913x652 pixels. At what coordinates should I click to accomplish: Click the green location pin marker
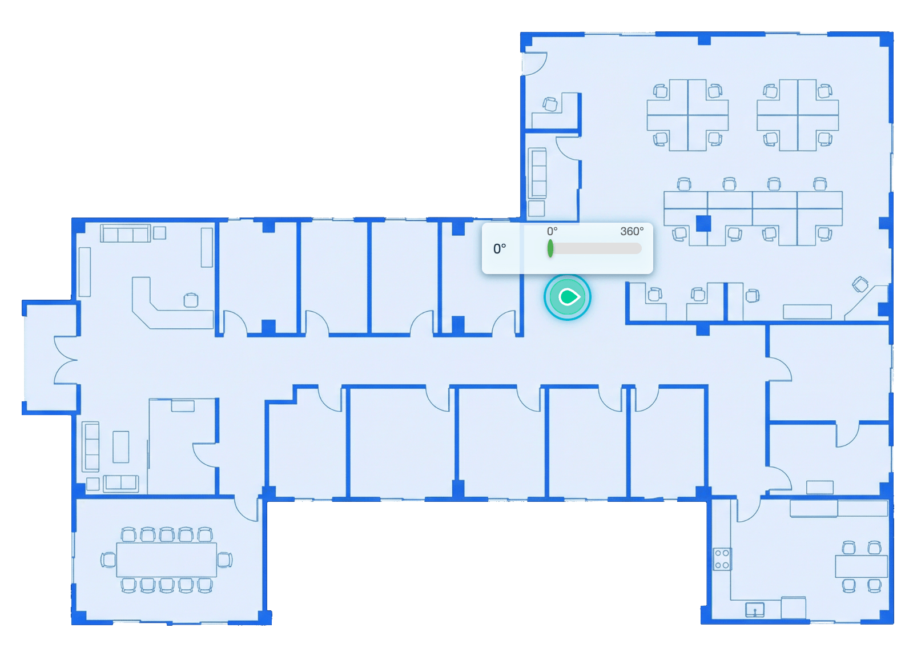click(x=568, y=297)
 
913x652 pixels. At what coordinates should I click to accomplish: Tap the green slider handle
click(x=550, y=248)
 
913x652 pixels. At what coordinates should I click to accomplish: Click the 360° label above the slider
click(x=632, y=231)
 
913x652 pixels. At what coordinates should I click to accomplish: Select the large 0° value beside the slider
click(x=499, y=248)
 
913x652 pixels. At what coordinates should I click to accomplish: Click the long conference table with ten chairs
click(x=166, y=560)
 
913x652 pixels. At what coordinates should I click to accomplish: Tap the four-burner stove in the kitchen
click(x=722, y=559)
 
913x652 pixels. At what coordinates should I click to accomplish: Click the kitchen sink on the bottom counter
click(x=754, y=610)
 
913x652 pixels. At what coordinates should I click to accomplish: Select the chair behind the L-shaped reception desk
click(x=191, y=300)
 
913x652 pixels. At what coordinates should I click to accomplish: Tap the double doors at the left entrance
click(x=65, y=360)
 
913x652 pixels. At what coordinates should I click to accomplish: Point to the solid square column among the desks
click(x=703, y=223)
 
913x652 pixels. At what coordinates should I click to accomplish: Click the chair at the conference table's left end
click(x=108, y=560)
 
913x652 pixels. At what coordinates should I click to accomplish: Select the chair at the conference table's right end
click(x=224, y=560)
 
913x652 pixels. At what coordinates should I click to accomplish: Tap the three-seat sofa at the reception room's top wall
click(x=126, y=233)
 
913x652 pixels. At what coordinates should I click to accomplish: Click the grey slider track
click(x=596, y=248)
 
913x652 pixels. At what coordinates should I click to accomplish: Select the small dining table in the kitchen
click(x=861, y=566)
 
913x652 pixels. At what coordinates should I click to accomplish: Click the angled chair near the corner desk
click(x=859, y=284)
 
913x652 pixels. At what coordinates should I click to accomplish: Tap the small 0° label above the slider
click(x=552, y=231)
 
